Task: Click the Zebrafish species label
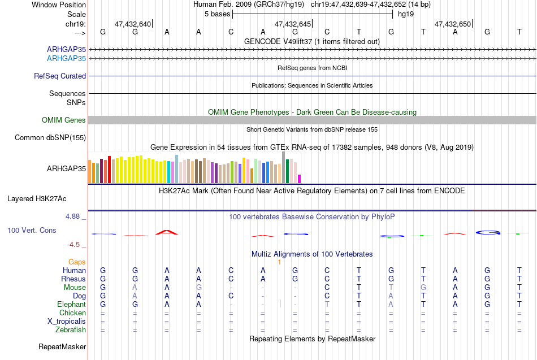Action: pyautogui.click(x=71, y=330)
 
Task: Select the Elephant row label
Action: pyautogui.click(x=72, y=305)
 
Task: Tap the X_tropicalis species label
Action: pyautogui.click(x=67, y=322)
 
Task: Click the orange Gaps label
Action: pyautogui.click(x=77, y=262)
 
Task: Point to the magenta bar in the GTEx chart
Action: pyautogui.click(x=300, y=179)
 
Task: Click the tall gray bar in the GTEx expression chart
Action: pyautogui.click(x=284, y=167)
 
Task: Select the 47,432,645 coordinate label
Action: pyautogui.click(x=293, y=24)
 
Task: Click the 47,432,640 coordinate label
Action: pyautogui.click(x=133, y=24)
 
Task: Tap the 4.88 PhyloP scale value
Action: pyautogui.click(x=72, y=216)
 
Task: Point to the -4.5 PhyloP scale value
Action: pyautogui.click(x=73, y=245)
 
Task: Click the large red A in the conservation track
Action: pyautogui.click(x=166, y=232)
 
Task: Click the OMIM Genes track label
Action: pyautogui.click(x=64, y=120)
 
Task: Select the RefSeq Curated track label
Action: pyautogui.click(x=60, y=76)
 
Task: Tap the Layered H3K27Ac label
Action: pyautogui.click(x=37, y=199)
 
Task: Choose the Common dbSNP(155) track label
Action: pyautogui.click(x=50, y=138)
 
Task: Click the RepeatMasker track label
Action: pyautogui.click(x=62, y=346)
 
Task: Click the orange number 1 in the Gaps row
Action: pyautogui.click(x=279, y=262)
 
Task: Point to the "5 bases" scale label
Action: pyautogui.click(x=218, y=14)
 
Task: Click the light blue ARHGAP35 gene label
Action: pyautogui.click(x=67, y=59)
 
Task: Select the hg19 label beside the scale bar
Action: pyautogui.click(x=406, y=14)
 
